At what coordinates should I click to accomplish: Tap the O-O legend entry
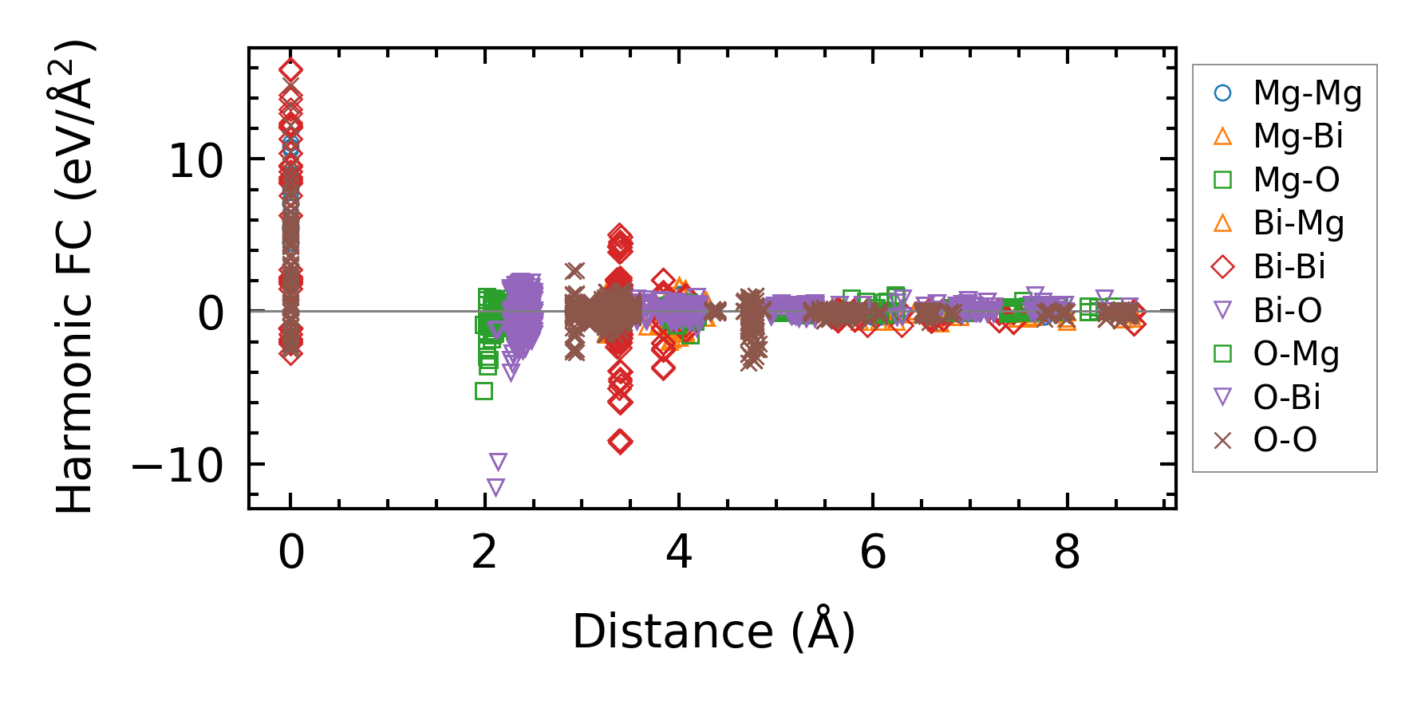click(1285, 440)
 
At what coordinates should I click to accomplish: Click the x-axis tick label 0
click(291, 552)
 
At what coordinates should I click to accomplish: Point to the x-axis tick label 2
click(485, 552)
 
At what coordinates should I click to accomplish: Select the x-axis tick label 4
click(679, 552)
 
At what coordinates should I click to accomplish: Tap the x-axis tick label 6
click(873, 552)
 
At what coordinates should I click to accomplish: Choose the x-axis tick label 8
click(1067, 552)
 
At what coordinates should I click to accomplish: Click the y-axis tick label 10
click(196, 161)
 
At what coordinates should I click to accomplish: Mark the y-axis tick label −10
click(177, 466)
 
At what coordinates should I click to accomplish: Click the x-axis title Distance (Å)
click(713, 631)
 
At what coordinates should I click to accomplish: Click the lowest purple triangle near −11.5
click(495, 487)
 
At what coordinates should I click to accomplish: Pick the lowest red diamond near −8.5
click(620, 442)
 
